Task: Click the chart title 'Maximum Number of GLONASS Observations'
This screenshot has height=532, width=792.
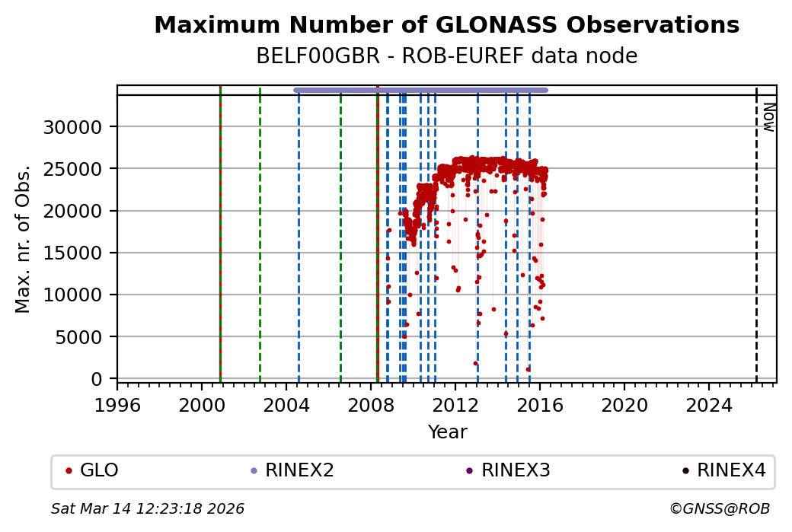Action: click(x=446, y=26)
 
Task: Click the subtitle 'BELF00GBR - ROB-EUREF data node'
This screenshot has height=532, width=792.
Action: click(x=446, y=57)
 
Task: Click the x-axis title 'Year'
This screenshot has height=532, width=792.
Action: click(x=447, y=432)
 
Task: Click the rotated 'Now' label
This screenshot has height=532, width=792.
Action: click(x=768, y=116)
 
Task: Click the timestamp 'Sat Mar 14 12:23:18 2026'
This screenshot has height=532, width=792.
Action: click(x=148, y=508)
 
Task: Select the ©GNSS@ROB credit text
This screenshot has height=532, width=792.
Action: click(x=720, y=508)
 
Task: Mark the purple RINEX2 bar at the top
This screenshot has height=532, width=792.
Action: click(x=420, y=90)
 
